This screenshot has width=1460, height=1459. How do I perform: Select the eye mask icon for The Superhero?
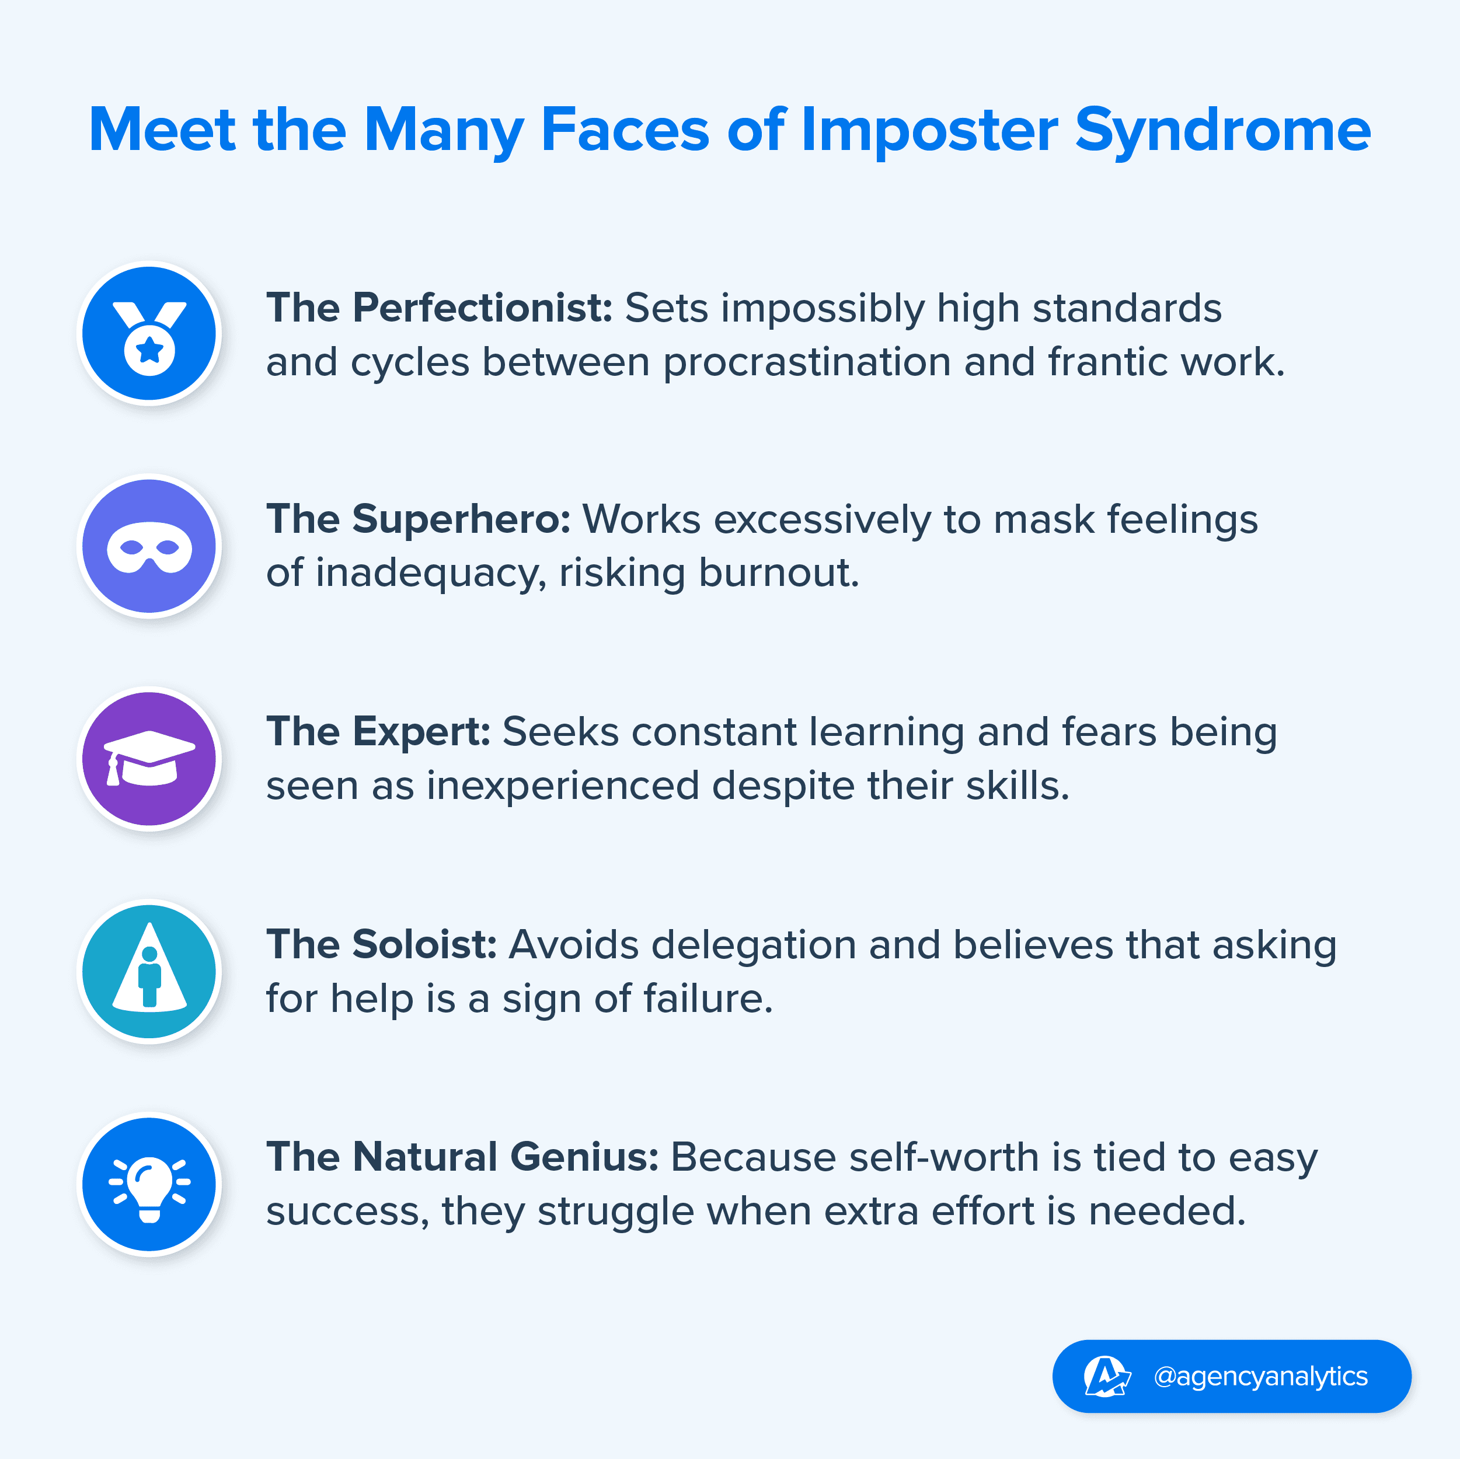pos(149,546)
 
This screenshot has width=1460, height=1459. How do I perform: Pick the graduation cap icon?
pos(149,759)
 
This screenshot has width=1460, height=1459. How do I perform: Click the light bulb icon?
pos(149,1185)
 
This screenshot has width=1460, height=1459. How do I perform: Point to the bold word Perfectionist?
pos(483,308)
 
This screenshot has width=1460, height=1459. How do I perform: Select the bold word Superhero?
pos(461,520)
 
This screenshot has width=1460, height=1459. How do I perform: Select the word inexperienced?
pos(563,786)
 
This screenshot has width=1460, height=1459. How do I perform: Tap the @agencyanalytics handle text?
pos(1260,1377)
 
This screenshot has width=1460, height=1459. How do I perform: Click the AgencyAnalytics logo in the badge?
pos(1107,1376)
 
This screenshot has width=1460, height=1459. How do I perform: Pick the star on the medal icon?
pos(149,350)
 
